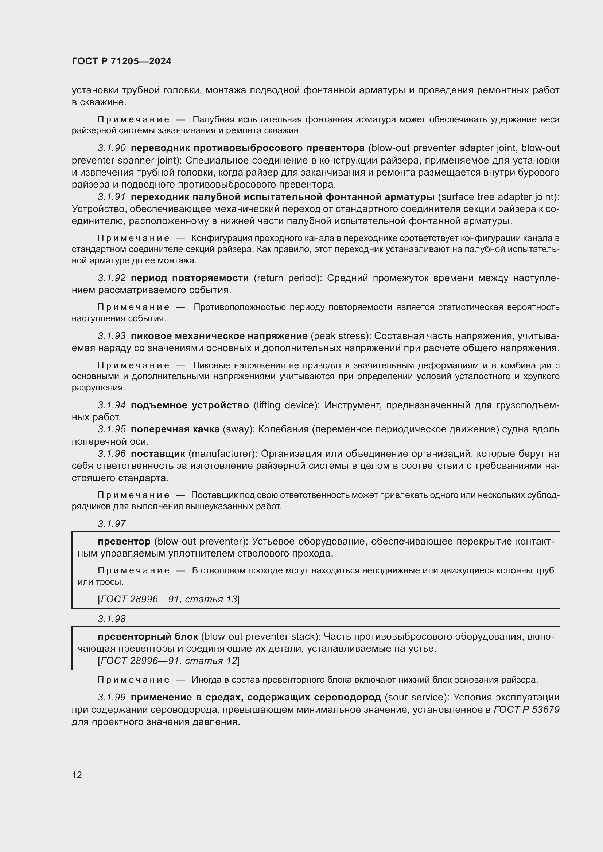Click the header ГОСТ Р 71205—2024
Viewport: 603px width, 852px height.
tap(121, 61)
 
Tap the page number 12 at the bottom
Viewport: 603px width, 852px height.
tap(77, 775)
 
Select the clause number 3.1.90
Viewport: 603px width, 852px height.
tap(112, 148)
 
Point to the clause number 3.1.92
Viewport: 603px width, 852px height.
tap(112, 278)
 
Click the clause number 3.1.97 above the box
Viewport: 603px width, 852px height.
tap(112, 523)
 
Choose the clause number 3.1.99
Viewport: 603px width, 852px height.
tap(112, 697)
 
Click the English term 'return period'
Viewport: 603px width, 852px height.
tap(287, 278)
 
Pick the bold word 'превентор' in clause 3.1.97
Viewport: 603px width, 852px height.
tap(124, 541)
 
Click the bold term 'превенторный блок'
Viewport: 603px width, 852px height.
tap(148, 636)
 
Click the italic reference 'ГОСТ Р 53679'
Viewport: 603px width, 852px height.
tap(526, 710)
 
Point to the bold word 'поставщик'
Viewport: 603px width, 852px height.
tap(158, 454)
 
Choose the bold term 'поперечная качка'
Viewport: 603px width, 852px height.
tap(175, 429)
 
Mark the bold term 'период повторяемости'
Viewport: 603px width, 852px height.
tap(190, 278)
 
